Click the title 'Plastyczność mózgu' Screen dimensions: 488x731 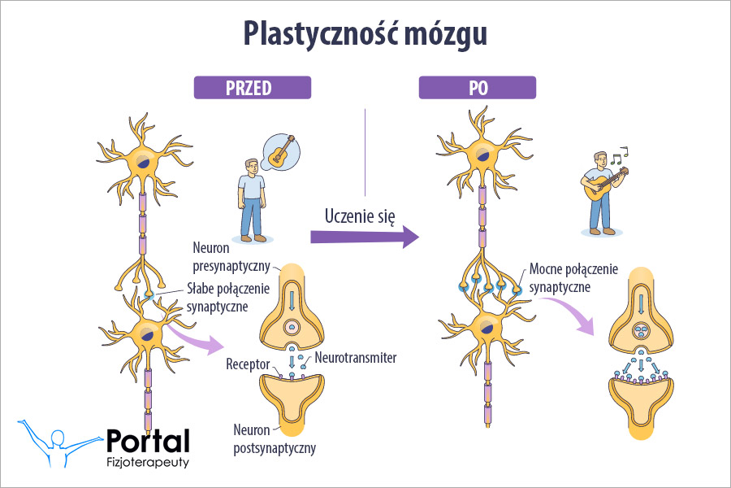click(365, 33)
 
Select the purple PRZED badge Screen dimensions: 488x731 click(252, 87)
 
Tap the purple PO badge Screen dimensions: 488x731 click(477, 87)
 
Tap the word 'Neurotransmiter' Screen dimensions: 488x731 click(351, 356)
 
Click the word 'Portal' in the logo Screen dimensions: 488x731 click(148, 440)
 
